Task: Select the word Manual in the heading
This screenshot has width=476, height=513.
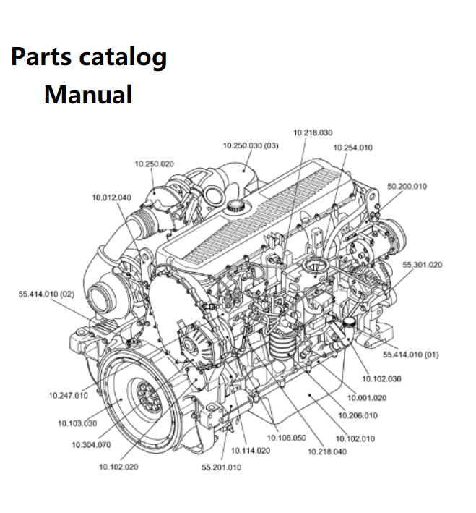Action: point(88,95)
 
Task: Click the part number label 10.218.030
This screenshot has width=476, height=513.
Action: point(313,132)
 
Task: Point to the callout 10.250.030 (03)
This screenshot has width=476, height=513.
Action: point(251,145)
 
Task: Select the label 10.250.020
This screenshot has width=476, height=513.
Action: point(154,164)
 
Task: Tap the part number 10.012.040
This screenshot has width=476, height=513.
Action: point(111,198)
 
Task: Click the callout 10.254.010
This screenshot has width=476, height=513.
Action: point(352,148)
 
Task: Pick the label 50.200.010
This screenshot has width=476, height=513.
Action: point(407,187)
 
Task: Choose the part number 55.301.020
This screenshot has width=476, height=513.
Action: point(422,265)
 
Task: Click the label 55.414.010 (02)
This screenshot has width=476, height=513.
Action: point(46,294)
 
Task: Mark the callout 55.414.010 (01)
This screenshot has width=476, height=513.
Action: point(410,355)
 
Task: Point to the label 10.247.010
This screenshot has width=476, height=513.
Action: point(68,395)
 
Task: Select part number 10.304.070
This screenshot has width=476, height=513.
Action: point(91,444)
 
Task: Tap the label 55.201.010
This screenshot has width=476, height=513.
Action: point(221,467)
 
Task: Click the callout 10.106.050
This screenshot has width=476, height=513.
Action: point(286,438)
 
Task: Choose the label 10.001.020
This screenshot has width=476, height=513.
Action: point(367,398)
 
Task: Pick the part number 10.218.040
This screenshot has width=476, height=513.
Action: point(326,452)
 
